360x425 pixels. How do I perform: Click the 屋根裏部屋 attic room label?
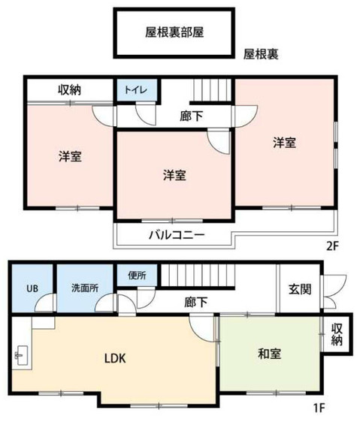coord(174,33)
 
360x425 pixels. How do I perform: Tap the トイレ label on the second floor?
coord(135,89)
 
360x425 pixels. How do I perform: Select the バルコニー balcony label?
coord(177,235)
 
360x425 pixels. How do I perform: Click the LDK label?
coord(115,358)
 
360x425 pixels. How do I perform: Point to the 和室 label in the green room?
coord(269,354)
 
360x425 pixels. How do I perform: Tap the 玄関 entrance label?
coord(300,290)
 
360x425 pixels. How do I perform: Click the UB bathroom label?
coord(32,288)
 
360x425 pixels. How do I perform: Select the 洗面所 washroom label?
coord(85,288)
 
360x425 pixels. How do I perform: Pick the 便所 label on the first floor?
coord(137,276)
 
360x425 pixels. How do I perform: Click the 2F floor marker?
coord(332,246)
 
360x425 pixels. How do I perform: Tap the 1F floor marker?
coord(319,408)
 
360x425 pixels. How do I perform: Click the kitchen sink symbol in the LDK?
coord(22,356)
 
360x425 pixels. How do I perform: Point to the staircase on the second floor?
coord(212,90)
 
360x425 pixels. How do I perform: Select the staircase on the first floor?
coord(198,275)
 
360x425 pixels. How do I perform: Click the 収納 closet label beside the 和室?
coord(337,334)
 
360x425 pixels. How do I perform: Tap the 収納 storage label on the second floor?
coord(69,89)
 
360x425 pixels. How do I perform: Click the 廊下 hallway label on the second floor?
coord(191,116)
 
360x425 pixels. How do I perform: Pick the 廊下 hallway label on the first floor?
coord(196,302)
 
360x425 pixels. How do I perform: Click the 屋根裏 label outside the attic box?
coord(261,54)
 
